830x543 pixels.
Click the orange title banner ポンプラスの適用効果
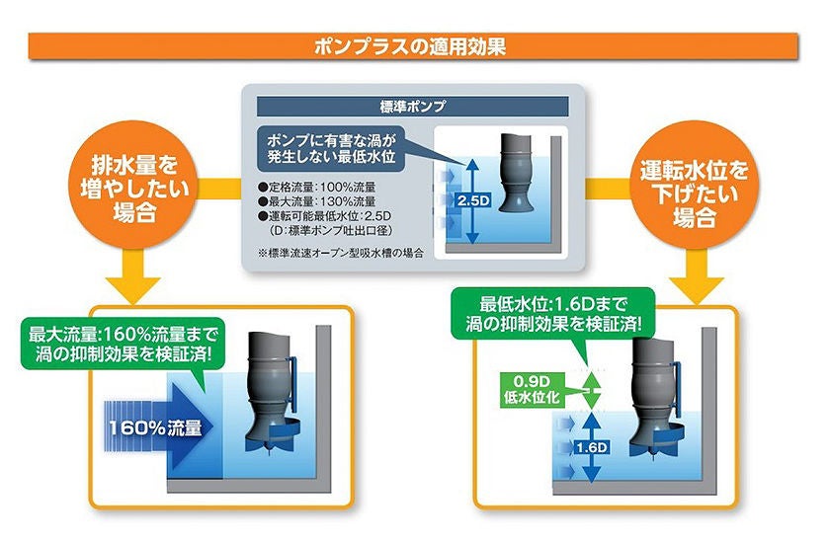point(413,46)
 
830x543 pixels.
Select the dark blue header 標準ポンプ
point(413,107)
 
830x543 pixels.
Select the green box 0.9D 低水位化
point(533,390)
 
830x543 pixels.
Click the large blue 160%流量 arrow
point(159,427)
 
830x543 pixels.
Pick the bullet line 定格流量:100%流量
point(317,188)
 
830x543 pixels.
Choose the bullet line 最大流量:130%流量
point(317,201)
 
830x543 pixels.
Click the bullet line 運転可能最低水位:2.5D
point(324,216)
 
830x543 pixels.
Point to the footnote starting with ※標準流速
point(341,253)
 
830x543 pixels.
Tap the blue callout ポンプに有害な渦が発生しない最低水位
point(331,148)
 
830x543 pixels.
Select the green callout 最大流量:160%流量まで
point(124,344)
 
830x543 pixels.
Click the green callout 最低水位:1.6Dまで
point(553,314)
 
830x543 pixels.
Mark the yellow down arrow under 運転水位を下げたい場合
point(696,277)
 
